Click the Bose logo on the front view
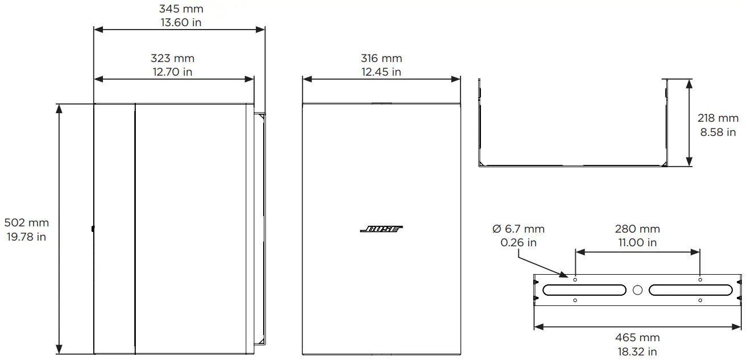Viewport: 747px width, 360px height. point(381,229)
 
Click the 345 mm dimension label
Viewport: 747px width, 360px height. point(180,9)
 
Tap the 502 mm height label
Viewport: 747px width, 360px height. point(26,223)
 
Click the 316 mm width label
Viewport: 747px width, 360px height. point(381,58)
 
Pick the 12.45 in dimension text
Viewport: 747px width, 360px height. point(381,72)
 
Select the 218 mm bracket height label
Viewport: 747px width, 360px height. point(718,118)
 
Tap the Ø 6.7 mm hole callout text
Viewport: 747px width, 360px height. point(518,229)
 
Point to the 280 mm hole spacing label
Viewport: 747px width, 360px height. point(637,229)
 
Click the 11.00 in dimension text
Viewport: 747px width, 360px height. point(637,242)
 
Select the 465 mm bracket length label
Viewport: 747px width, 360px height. point(637,338)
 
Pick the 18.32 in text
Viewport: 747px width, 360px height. point(637,352)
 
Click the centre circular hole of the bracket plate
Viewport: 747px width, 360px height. point(637,290)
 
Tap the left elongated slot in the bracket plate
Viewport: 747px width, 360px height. point(576,290)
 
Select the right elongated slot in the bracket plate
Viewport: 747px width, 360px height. point(690,290)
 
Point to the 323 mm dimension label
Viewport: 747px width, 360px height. point(172,58)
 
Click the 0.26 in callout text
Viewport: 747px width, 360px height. point(518,242)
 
